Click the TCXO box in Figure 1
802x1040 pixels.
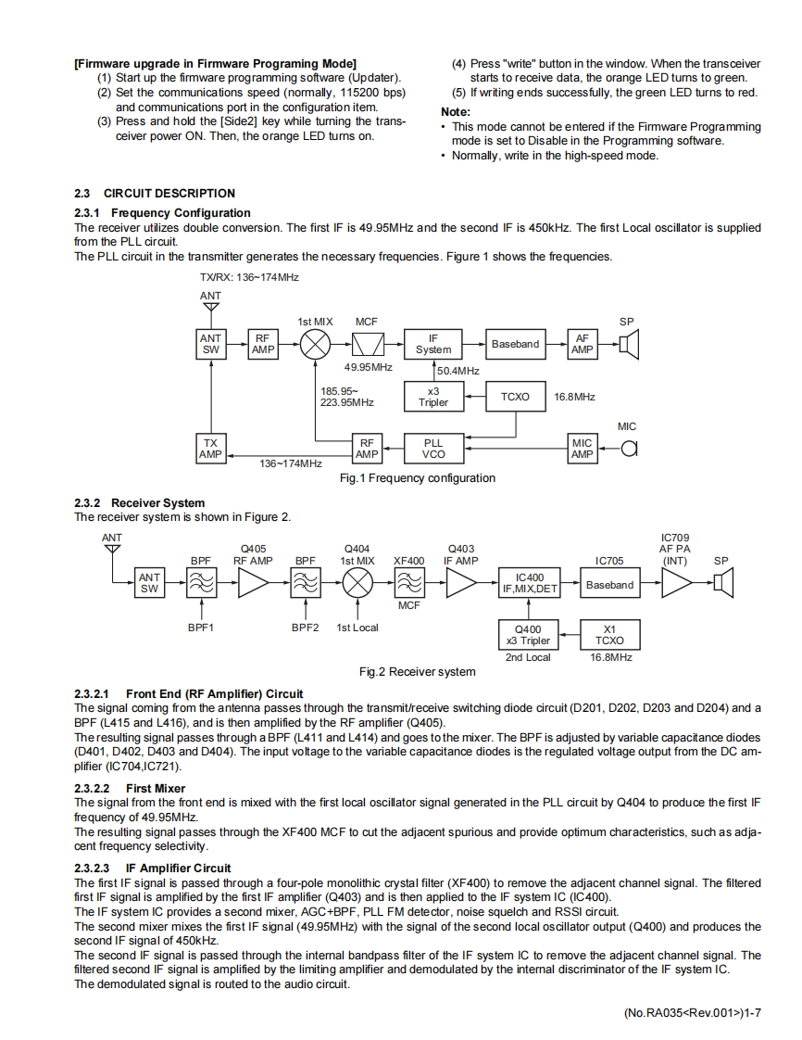point(515,397)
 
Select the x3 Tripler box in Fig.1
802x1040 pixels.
point(432,397)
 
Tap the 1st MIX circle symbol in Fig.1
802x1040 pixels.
point(316,345)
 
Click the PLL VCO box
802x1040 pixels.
point(432,449)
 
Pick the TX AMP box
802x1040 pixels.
point(210,449)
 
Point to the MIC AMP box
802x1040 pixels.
point(582,449)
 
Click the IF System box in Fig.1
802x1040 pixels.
point(432,345)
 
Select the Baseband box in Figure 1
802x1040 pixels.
point(515,345)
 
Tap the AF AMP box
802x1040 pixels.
point(582,345)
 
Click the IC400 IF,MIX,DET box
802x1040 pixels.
point(529,583)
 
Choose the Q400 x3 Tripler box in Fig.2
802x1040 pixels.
point(528,635)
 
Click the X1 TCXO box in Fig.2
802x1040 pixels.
point(609,635)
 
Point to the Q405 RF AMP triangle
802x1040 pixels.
point(252,583)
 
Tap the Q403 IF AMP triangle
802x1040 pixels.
point(460,583)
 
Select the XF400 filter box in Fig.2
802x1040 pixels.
point(408,583)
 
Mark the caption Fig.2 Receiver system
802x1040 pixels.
point(417,672)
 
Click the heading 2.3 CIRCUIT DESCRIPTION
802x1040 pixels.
point(155,194)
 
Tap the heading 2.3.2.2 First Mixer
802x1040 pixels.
point(130,789)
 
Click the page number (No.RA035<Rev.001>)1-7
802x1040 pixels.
point(692,1014)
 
